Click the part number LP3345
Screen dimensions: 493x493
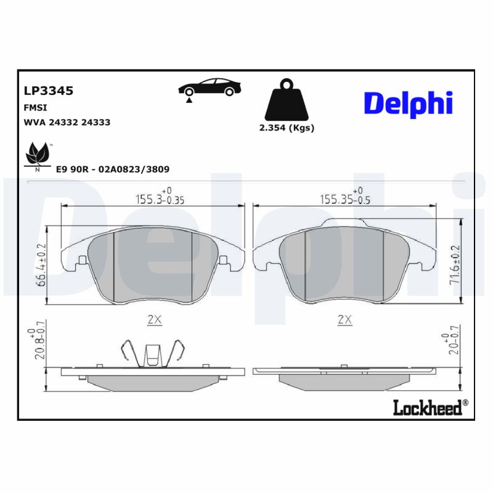pyautogui.click(x=48, y=91)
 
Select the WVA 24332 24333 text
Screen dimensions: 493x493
pyautogui.click(x=67, y=122)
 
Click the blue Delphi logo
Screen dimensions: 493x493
pyautogui.click(x=408, y=104)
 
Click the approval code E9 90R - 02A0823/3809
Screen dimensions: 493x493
pyautogui.click(x=113, y=169)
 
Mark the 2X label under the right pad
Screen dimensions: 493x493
pyautogui.click(x=345, y=319)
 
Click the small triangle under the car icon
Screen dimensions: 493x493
pyautogui.click(x=189, y=99)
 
